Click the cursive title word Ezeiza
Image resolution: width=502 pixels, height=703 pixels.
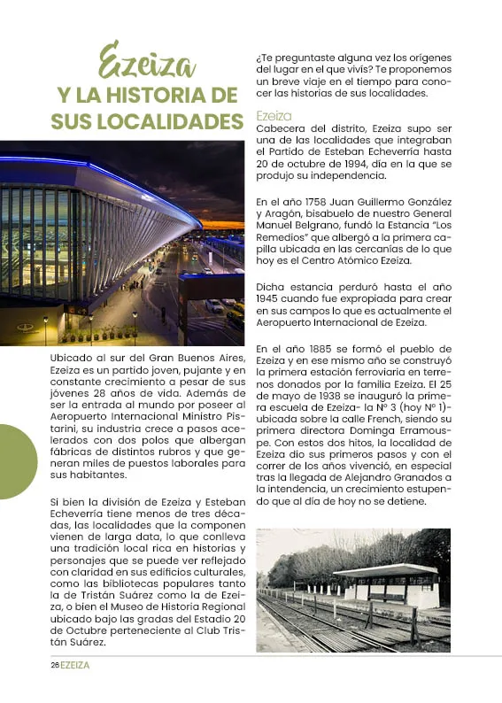(147, 62)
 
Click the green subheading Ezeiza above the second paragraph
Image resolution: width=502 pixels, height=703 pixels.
(274, 115)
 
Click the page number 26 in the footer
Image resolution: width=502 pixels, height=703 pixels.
(54, 664)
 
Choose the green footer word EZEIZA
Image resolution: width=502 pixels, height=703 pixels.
(75, 664)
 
